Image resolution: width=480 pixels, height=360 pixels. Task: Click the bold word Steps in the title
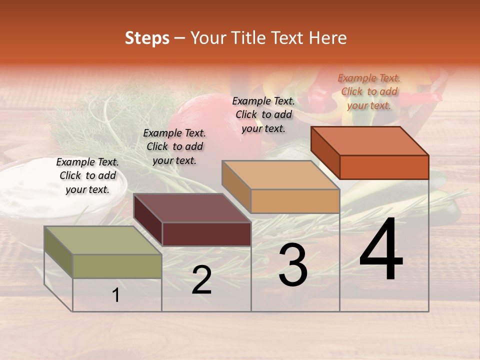(147, 38)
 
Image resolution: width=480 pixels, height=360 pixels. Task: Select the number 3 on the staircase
(292, 265)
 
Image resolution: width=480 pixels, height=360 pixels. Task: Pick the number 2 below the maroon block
(201, 280)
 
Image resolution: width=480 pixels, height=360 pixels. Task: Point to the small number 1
(116, 295)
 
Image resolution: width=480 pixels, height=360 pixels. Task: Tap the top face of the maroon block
(192, 208)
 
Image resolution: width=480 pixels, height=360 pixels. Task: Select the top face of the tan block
(280, 175)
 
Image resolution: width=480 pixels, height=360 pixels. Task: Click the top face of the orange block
(370, 141)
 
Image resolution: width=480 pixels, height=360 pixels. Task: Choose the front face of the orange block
(384, 167)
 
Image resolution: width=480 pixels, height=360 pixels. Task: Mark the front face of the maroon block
(206, 234)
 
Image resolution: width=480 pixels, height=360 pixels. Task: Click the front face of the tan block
(295, 201)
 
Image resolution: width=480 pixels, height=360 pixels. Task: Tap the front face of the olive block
(117, 266)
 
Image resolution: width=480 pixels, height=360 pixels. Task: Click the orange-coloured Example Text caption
(369, 91)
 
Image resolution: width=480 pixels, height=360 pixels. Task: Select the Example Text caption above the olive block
(87, 175)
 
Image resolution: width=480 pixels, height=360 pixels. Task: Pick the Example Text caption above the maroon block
(174, 146)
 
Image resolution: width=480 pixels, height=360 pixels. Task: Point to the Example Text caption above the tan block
(263, 114)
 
